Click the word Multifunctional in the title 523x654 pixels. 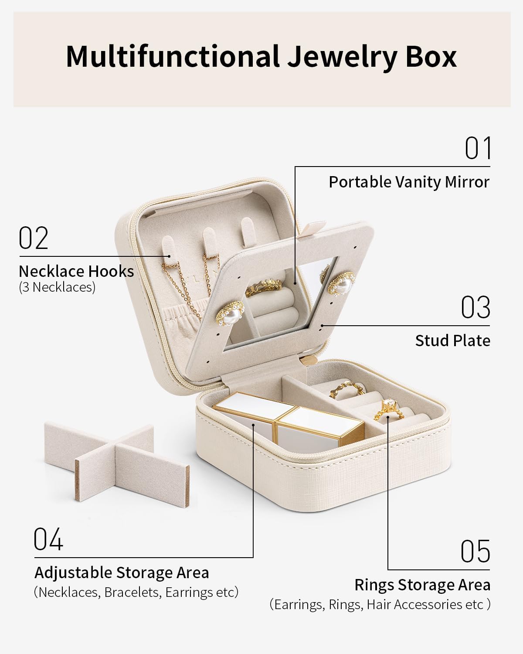pos(172,57)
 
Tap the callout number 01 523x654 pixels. pos(478,148)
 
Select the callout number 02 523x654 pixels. pos(34,238)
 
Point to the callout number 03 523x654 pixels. pos(475,307)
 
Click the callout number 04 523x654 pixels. pos(48,539)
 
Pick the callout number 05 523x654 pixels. pos(475,551)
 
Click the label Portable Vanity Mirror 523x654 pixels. pos(409,182)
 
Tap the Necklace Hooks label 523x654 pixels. pos(76,271)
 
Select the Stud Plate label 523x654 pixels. pos(453,341)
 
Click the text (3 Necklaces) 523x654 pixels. pos(57,287)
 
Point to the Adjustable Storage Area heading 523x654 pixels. pos(122,573)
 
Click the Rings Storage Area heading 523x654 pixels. pos(422,585)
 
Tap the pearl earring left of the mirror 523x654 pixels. pos(230,313)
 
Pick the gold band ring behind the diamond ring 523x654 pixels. pos(346,390)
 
